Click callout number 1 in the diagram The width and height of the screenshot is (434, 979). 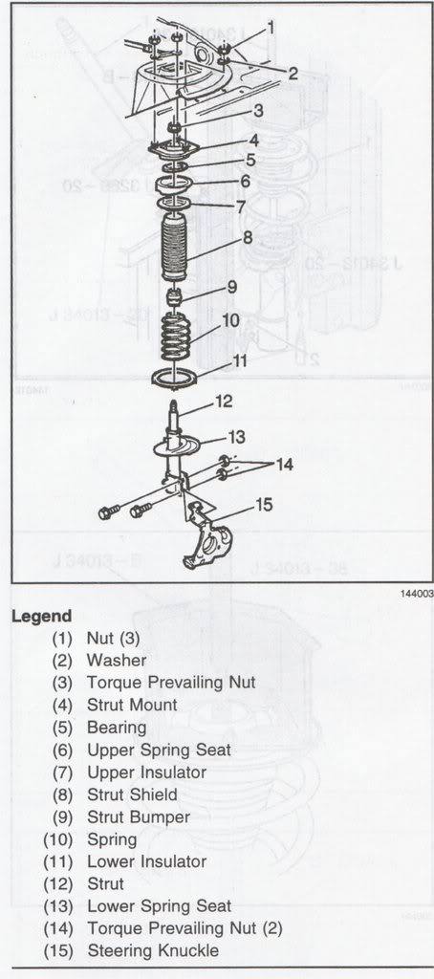click(x=271, y=28)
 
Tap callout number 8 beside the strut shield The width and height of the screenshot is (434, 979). click(x=247, y=237)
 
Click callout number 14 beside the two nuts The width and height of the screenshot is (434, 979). click(x=284, y=465)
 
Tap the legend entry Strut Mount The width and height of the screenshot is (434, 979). click(x=132, y=705)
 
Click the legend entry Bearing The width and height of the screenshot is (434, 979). click(x=117, y=728)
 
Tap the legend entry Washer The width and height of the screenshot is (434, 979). click(x=117, y=660)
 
